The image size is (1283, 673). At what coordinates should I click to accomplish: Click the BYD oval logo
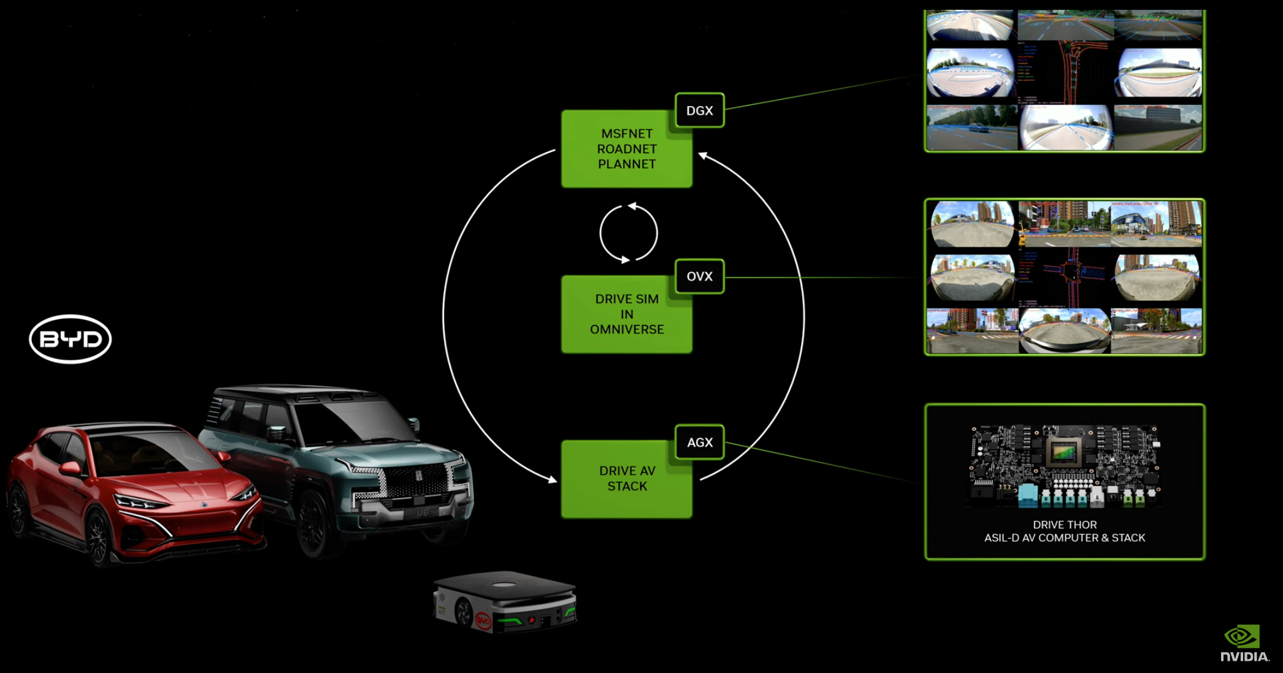coord(71,339)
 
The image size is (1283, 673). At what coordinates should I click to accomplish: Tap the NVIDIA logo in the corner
coord(1244,644)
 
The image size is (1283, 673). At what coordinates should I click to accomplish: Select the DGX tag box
coord(699,110)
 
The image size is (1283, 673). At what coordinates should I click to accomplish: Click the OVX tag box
coord(699,276)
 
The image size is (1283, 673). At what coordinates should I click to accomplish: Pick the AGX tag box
coord(699,442)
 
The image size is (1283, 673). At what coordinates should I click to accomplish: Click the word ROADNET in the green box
coord(627,149)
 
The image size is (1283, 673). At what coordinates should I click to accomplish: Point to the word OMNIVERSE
coord(627,330)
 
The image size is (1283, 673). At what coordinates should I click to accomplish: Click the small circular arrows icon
coord(628,233)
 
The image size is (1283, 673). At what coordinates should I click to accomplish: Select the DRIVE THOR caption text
coord(1065,525)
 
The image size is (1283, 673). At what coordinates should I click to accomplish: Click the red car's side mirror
coord(70,469)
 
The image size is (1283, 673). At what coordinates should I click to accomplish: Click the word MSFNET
coord(627,134)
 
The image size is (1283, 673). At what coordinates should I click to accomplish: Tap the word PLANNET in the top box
coord(627,164)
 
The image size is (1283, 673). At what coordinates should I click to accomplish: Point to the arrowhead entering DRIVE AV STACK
coord(553,480)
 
